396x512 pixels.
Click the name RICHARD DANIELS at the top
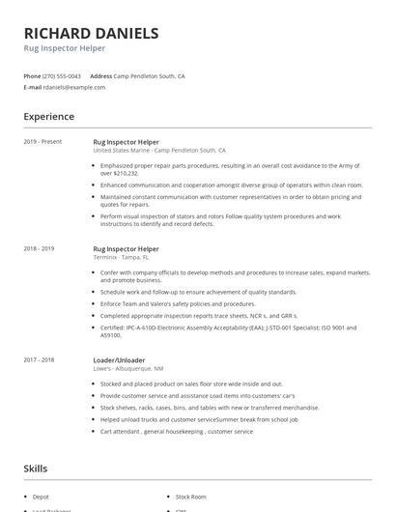click(91, 33)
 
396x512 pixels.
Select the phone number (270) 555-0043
click(62, 75)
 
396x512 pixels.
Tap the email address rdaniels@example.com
click(74, 87)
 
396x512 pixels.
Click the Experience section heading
click(48, 117)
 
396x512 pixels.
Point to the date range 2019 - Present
click(42, 142)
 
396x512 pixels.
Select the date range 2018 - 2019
click(40, 248)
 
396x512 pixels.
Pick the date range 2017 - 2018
click(40, 359)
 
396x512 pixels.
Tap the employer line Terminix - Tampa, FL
click(121, 257)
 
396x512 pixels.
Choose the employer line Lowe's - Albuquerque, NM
click(127, 368)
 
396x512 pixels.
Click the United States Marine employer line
click(159, 151)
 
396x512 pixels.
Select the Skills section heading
click(36, 469)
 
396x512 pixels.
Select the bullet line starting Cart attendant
click(176, 431)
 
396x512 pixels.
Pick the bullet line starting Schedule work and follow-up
click(198, 292)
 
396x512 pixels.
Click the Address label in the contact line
click(100, 75)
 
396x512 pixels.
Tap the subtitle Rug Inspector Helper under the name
click(65, 48)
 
